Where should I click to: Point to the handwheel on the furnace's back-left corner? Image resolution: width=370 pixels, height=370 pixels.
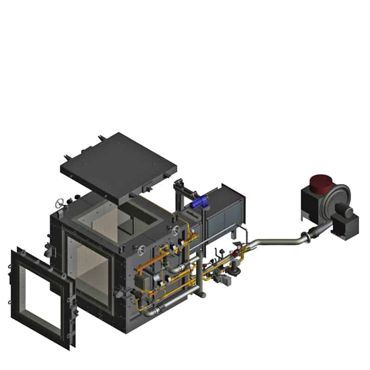(x=59, y=203)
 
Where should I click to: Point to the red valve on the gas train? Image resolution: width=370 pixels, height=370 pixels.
(x=239, y=253)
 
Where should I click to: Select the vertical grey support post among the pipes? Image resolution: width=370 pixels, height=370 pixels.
(x=199, y=277)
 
